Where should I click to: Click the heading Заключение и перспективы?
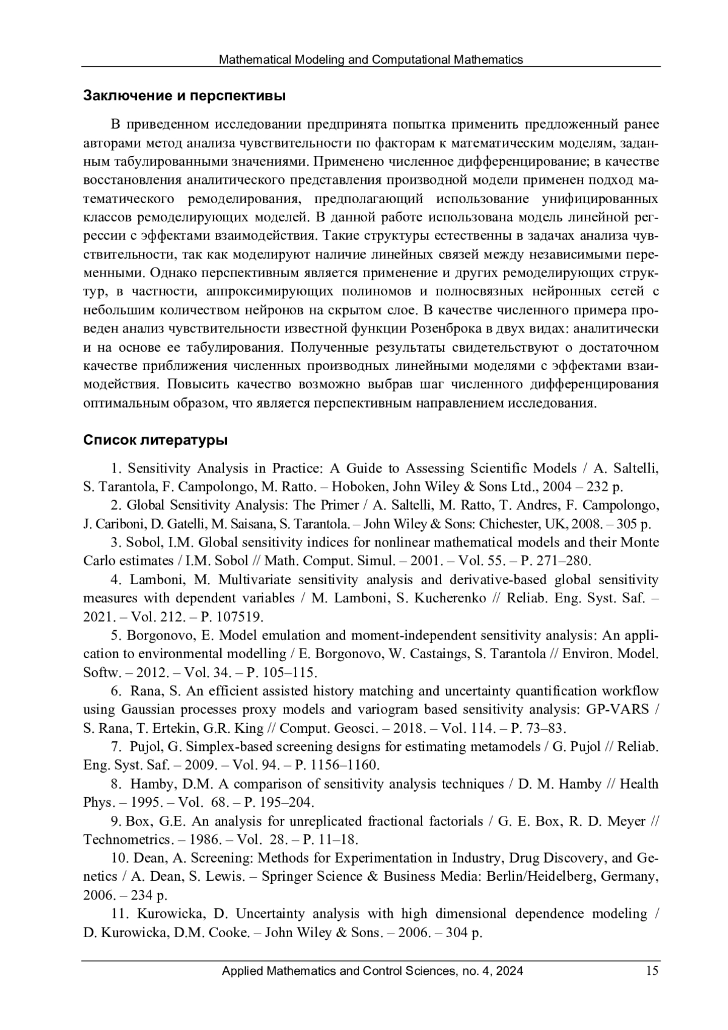pos(184,96)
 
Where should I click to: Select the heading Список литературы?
pos(156,440)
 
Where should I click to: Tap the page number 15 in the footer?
pos(652,971)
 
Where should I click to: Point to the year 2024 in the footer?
pos(511,971)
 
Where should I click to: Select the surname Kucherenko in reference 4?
pos(450,598)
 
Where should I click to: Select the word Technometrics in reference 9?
pos(126,840)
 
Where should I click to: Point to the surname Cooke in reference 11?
pos(229,933)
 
